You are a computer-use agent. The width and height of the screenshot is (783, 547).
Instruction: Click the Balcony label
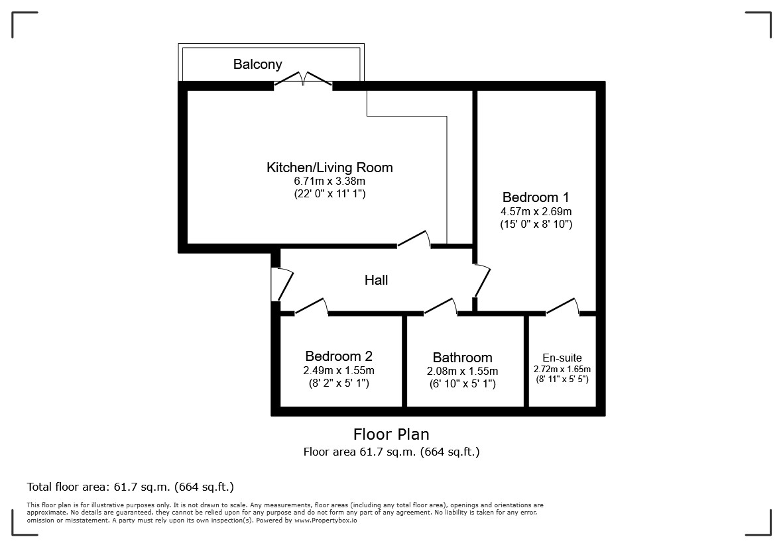pos(258,64)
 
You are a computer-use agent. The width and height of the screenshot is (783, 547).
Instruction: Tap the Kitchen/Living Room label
pos(330,168)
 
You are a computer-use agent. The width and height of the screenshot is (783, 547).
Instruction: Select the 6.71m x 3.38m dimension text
pos(330,181)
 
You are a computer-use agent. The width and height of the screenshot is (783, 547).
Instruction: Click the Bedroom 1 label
pos(536,197)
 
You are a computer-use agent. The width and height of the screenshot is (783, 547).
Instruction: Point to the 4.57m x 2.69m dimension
pos(536,211)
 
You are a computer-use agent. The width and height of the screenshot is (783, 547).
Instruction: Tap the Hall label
pos(376,280)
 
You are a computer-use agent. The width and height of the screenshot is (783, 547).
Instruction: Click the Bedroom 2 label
pos(339,356)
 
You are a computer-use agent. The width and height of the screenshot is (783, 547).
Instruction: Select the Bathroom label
pos(462,358)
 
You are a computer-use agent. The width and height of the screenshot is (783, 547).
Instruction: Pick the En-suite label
pos(562,358)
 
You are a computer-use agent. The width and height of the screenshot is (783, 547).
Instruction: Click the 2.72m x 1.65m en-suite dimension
pos(562,370)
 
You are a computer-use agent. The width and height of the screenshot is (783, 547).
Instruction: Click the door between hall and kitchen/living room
pos(414,239)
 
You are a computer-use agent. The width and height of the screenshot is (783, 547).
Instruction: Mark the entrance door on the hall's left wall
pos(282,285)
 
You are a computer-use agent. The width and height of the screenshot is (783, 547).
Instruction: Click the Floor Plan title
pos(391,434)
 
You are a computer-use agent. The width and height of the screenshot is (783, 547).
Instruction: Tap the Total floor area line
pos(131,487)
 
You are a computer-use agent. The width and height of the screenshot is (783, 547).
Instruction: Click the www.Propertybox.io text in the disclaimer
pos(326,521)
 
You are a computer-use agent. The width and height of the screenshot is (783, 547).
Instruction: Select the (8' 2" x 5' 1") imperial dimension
pos(339,383)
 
